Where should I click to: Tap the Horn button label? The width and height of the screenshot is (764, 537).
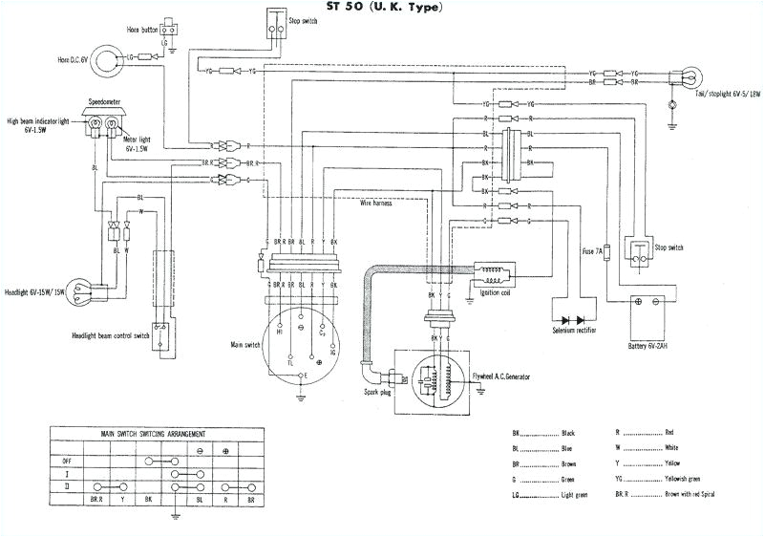142,30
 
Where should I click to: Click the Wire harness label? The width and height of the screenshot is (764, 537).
379,203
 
